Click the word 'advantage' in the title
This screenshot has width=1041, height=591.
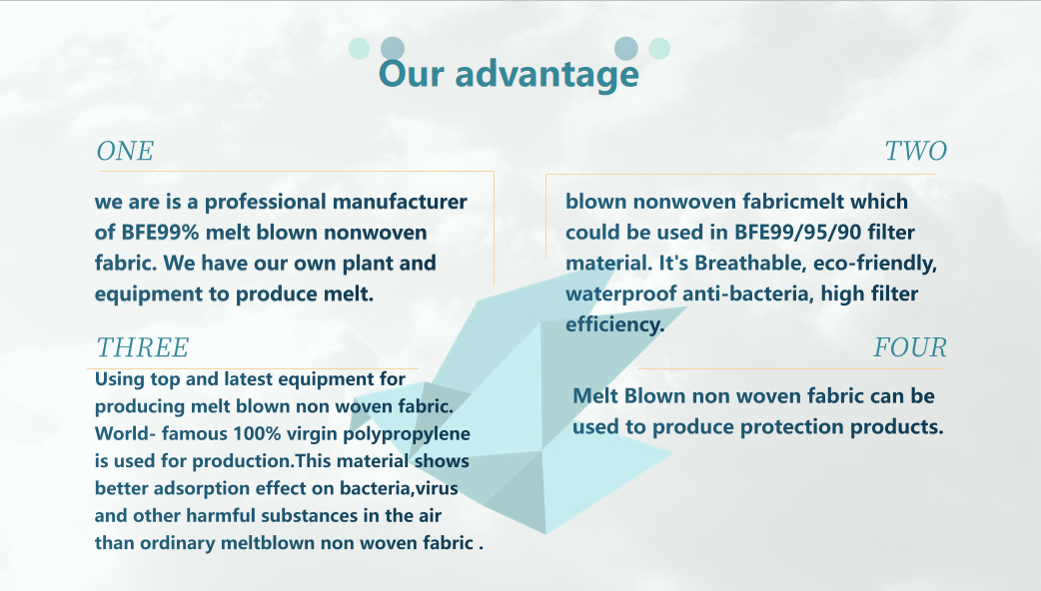pos(546,74)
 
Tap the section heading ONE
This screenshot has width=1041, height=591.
pos(125,151)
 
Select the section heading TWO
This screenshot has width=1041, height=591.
pos(915,151)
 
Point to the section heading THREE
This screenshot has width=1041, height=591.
pos(142,347)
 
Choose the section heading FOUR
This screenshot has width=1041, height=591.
pos(909,347)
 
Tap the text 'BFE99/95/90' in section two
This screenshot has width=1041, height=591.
pos(797,233)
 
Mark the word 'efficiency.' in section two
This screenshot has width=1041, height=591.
pos(614,325)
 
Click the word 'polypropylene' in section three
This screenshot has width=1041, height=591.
pos(407,434)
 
